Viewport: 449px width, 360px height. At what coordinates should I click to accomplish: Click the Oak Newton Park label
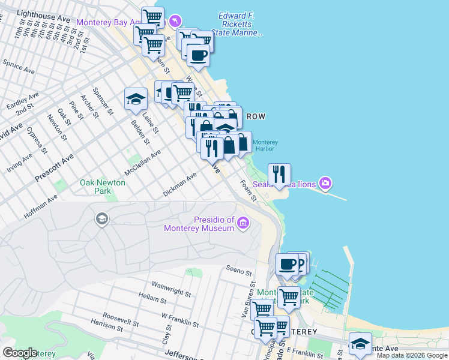[103, 187]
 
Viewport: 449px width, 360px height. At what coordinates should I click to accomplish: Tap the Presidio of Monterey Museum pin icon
[243, 224]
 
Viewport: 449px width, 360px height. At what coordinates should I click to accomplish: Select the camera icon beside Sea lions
[325, 183]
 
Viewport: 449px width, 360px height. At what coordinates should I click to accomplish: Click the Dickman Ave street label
[180, 185]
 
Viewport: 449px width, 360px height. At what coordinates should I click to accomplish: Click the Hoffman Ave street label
[41, 205]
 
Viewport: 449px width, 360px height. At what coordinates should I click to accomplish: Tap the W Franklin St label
[180, 319]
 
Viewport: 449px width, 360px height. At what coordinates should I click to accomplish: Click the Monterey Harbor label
[265, 146]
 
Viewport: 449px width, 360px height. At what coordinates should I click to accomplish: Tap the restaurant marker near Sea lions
[279, 174]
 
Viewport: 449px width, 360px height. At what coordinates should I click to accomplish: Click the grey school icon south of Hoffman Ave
[101, 219]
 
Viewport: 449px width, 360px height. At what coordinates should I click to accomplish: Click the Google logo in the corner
[20, 353]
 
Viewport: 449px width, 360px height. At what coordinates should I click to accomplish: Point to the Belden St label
[140, 131]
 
